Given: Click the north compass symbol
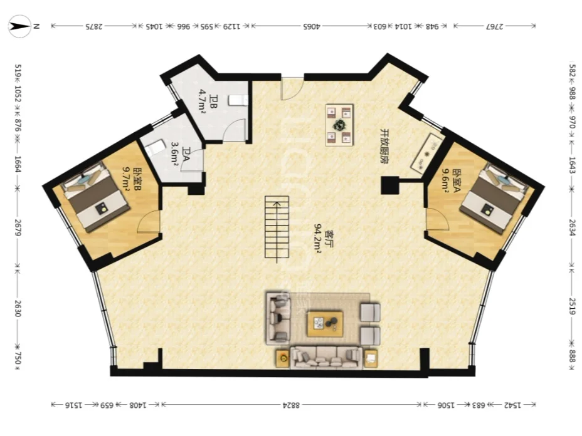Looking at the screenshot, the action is [19, 26].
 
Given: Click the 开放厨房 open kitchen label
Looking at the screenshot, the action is [384, 147].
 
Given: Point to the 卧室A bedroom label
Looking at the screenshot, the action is [456, 181].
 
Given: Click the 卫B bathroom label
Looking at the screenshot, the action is [213, 101].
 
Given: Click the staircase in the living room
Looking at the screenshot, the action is [277, 227].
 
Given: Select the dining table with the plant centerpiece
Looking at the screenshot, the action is [339, 125].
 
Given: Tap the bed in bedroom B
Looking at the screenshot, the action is [96, 197].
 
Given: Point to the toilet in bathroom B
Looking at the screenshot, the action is [238, 101].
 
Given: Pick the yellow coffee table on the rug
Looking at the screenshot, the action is [325, 324].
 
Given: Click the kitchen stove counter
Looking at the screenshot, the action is [427, 153].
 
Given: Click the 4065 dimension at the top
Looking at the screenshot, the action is [312, 26].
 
